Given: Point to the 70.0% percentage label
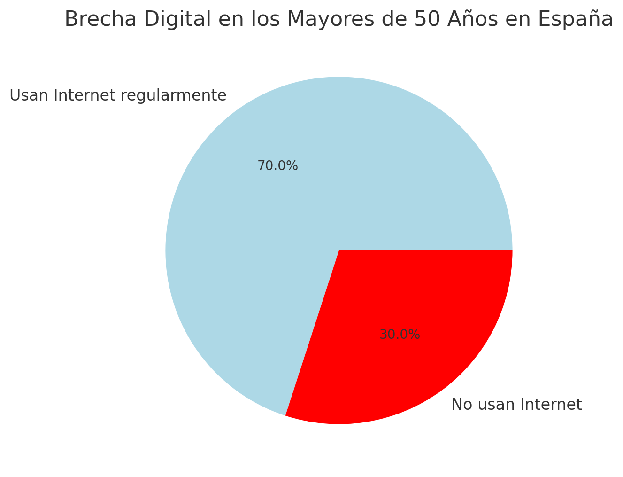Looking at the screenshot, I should pos(277,166).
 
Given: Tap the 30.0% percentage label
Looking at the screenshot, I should pos(400,335).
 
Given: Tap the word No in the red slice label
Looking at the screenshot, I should pos(461,405).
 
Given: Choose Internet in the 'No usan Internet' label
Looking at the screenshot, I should pos(555,405).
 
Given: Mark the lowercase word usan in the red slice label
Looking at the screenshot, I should pos(498,405).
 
